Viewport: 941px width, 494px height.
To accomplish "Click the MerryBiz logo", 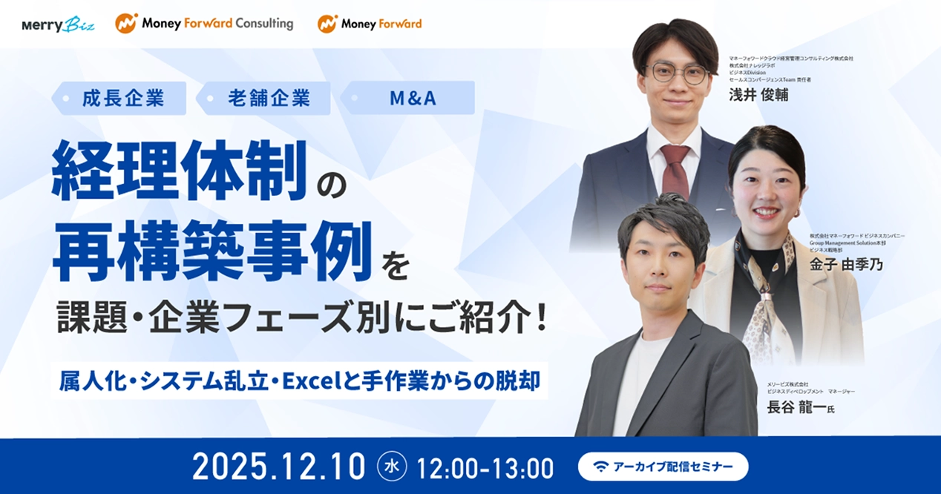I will point(59,24).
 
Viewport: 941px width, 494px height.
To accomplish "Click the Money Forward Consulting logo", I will point(204,24).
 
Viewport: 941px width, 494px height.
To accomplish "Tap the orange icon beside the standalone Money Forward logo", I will point(327,24).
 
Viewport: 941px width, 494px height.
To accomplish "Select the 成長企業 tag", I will point(123,98).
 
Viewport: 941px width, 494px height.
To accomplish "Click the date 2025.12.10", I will point(278,467).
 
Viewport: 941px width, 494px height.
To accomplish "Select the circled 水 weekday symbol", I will point(392,467).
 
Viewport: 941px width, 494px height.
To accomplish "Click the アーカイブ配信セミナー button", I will point(663,467).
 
